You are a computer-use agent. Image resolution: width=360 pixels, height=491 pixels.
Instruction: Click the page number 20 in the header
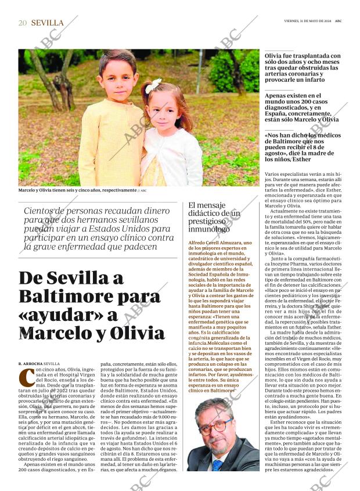pyautogui.click(x=23, y=23)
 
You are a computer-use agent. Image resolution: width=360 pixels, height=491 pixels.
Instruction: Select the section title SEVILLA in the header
pyautogui.click(x=47, y=23)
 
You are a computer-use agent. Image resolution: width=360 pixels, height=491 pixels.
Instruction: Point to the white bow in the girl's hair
pyautogui.click(x=153, y=86)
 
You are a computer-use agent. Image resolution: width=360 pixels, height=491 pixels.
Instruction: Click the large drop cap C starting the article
pyautogui.click(x=26, y=377)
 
